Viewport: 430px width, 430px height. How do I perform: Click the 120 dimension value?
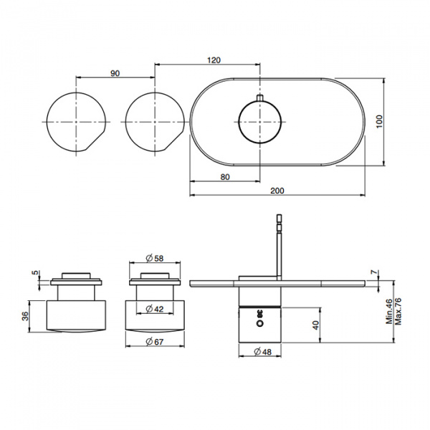214,59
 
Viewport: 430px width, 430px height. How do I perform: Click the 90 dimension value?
115,73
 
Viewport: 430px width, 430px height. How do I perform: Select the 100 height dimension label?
379,122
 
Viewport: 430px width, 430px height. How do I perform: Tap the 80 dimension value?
225,177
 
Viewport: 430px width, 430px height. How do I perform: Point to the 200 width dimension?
277,191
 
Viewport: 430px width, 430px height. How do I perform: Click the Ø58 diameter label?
155,258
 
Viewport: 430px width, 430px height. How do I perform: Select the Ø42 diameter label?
155,309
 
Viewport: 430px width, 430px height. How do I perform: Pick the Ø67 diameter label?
155,342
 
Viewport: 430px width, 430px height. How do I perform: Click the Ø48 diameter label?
263,352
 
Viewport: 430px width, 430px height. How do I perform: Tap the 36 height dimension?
25,316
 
